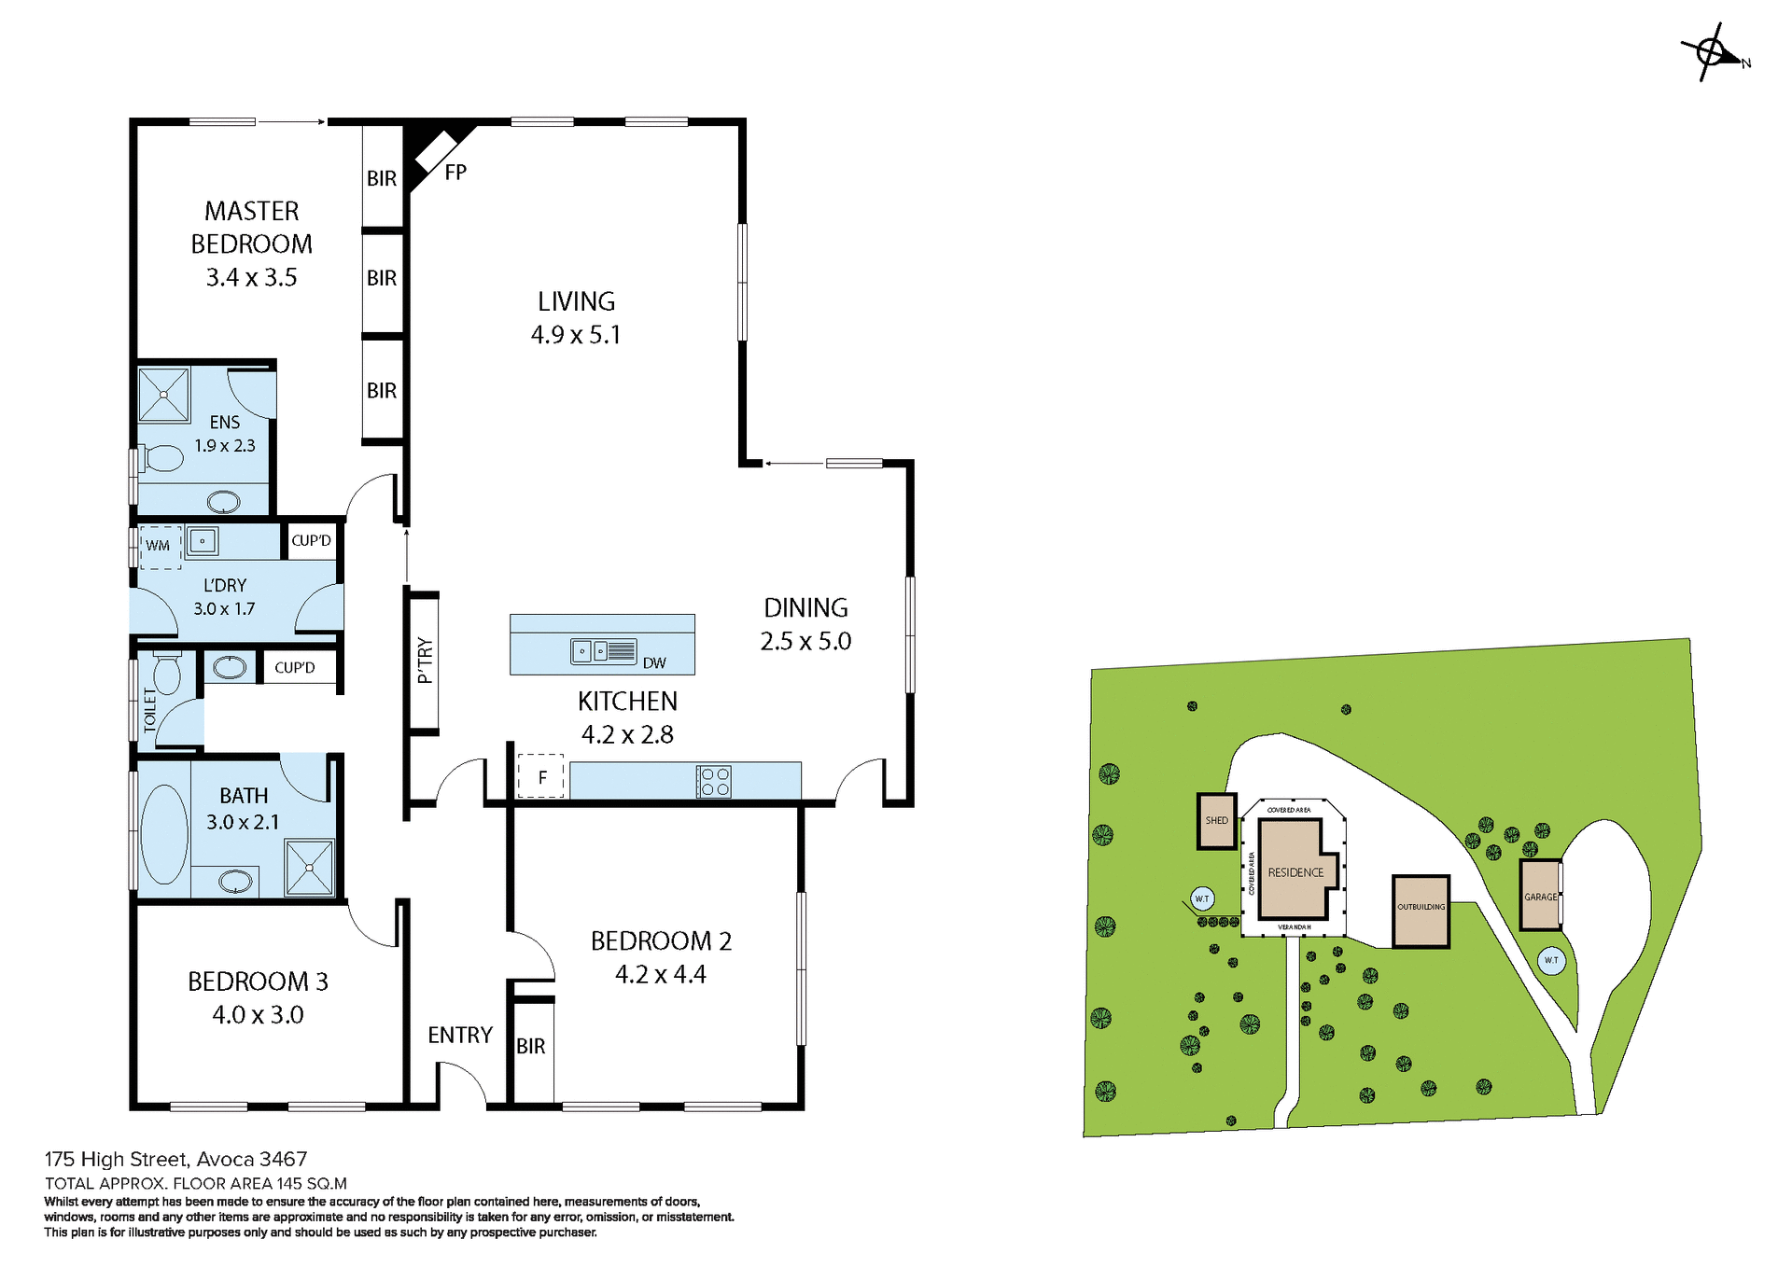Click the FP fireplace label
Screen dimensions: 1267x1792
455,173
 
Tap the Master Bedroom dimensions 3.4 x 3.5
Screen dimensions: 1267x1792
251,278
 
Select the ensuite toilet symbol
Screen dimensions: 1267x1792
163,458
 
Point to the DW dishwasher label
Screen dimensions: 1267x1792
654,663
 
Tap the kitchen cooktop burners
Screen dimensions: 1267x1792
715,782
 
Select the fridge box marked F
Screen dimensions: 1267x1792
541,776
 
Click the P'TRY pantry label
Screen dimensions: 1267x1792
426,661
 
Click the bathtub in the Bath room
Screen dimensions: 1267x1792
164,834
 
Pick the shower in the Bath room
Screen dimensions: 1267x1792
309,868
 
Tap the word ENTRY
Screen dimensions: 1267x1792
460,1036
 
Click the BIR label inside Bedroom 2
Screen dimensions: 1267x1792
531,1047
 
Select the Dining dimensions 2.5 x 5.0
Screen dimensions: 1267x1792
805,642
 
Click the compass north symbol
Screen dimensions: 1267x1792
1714,52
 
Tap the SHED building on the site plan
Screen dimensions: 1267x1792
1217,821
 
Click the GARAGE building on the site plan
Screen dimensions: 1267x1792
1540,897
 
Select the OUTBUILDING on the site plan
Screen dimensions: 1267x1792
1421,911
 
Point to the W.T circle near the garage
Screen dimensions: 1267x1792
1551,960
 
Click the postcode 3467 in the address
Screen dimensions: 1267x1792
283,1160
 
